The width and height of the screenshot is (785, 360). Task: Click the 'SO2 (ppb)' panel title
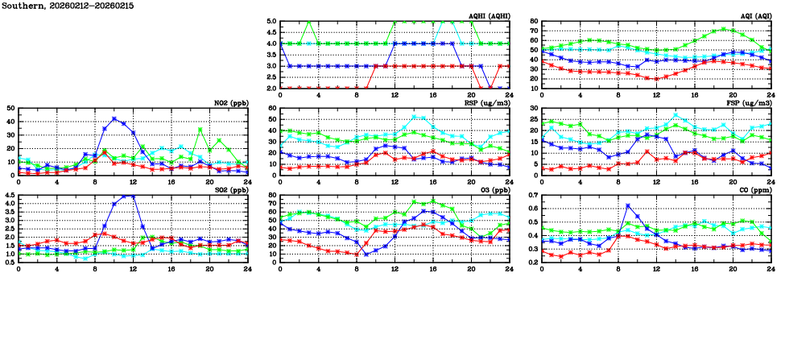pyautogui.click(x=233, y=190)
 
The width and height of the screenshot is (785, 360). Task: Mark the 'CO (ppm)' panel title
pyautogui.click(x=754, y=190)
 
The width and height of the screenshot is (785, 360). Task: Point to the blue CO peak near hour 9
pyautogui.click(x=628, y=206)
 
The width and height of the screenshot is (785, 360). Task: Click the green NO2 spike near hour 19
pyautogui.click(x=200, y=129)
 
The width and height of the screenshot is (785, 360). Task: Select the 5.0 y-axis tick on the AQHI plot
pyautogui.click(x=272, y=22)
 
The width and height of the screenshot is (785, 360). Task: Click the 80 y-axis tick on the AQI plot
pyautogui.click(x=534, y=22)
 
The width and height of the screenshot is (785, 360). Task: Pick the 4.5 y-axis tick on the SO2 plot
pyautogui.click(x=10, y=196)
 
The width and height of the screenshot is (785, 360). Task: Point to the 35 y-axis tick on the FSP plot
pyautogui.click(x=534, y=109)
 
